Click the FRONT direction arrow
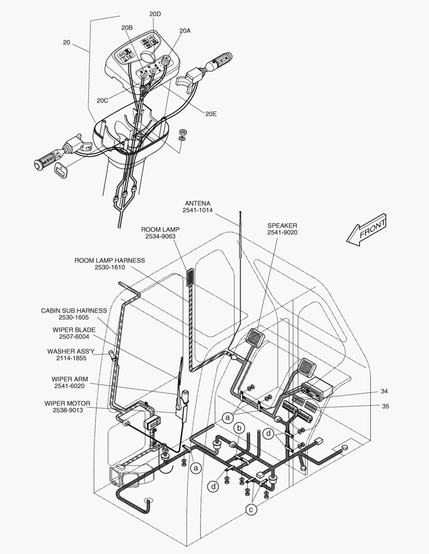tap(366, 230)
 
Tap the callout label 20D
tap(155, 14)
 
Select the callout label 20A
tap(185, 31)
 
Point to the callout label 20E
tap(211, 114)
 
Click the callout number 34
tap(384, 391)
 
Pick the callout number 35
tap(385, 406)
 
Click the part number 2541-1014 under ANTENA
tap(197, 210)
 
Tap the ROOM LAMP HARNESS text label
tap(110, 261)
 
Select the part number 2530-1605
tap(73, 318)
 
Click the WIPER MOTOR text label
tap(67, 404)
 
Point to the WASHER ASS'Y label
tap(71, 351)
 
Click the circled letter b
tap(239, 428)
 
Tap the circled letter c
tap(251, 510)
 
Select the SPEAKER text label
tap(282, 225)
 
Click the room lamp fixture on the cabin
tap(191, 278)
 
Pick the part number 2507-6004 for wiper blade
tap(74, 337)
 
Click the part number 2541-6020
tap(69, 386)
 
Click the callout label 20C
tap(102, 101)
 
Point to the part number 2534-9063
tap(160, 236)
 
